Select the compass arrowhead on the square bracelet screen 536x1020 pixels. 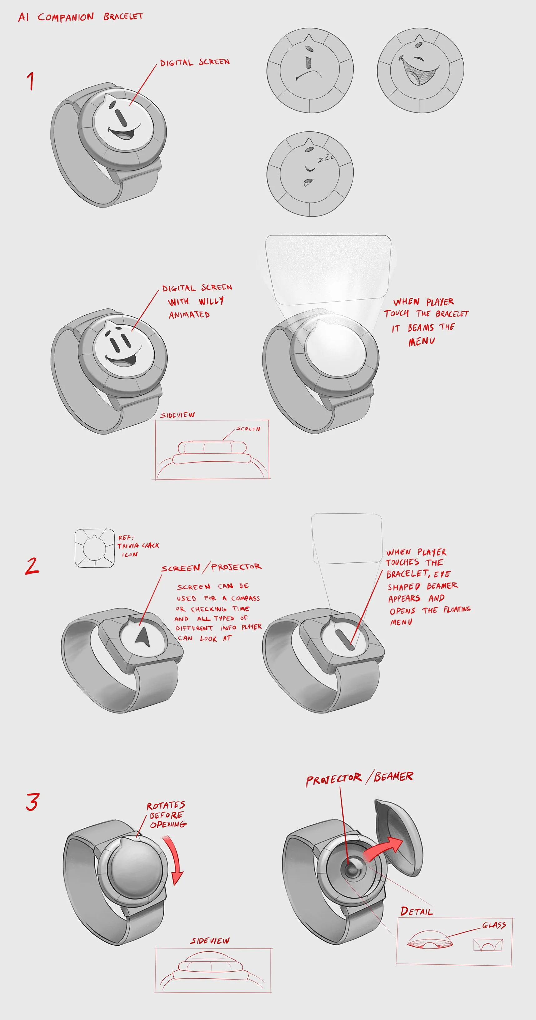point(143,636)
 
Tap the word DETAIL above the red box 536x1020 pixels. point(416,911)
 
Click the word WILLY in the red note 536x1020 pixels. point(211,301)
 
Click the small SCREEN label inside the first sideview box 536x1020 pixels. point(248,429)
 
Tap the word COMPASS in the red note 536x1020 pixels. point(246,598)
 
